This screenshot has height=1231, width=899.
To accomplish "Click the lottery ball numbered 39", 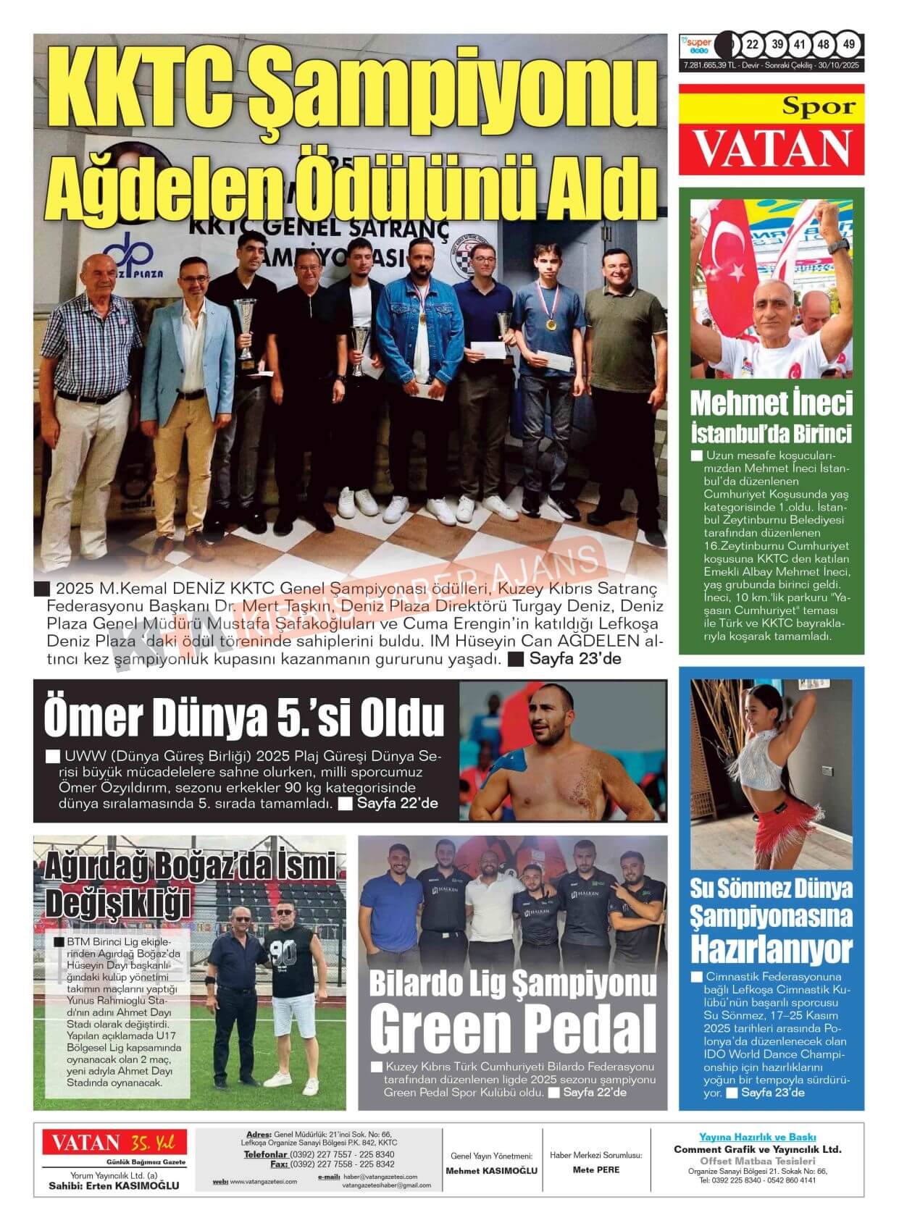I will tap(777, 44).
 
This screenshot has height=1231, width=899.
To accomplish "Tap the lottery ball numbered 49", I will tap(849, 44).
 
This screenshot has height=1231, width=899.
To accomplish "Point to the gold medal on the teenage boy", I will tap(551, 325).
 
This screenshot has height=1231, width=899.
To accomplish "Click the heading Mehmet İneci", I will tap(771, 403).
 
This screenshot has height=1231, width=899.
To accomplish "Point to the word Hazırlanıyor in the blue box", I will tap(771, 947).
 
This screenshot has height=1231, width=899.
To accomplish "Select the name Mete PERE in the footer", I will tap(595, 1169).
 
